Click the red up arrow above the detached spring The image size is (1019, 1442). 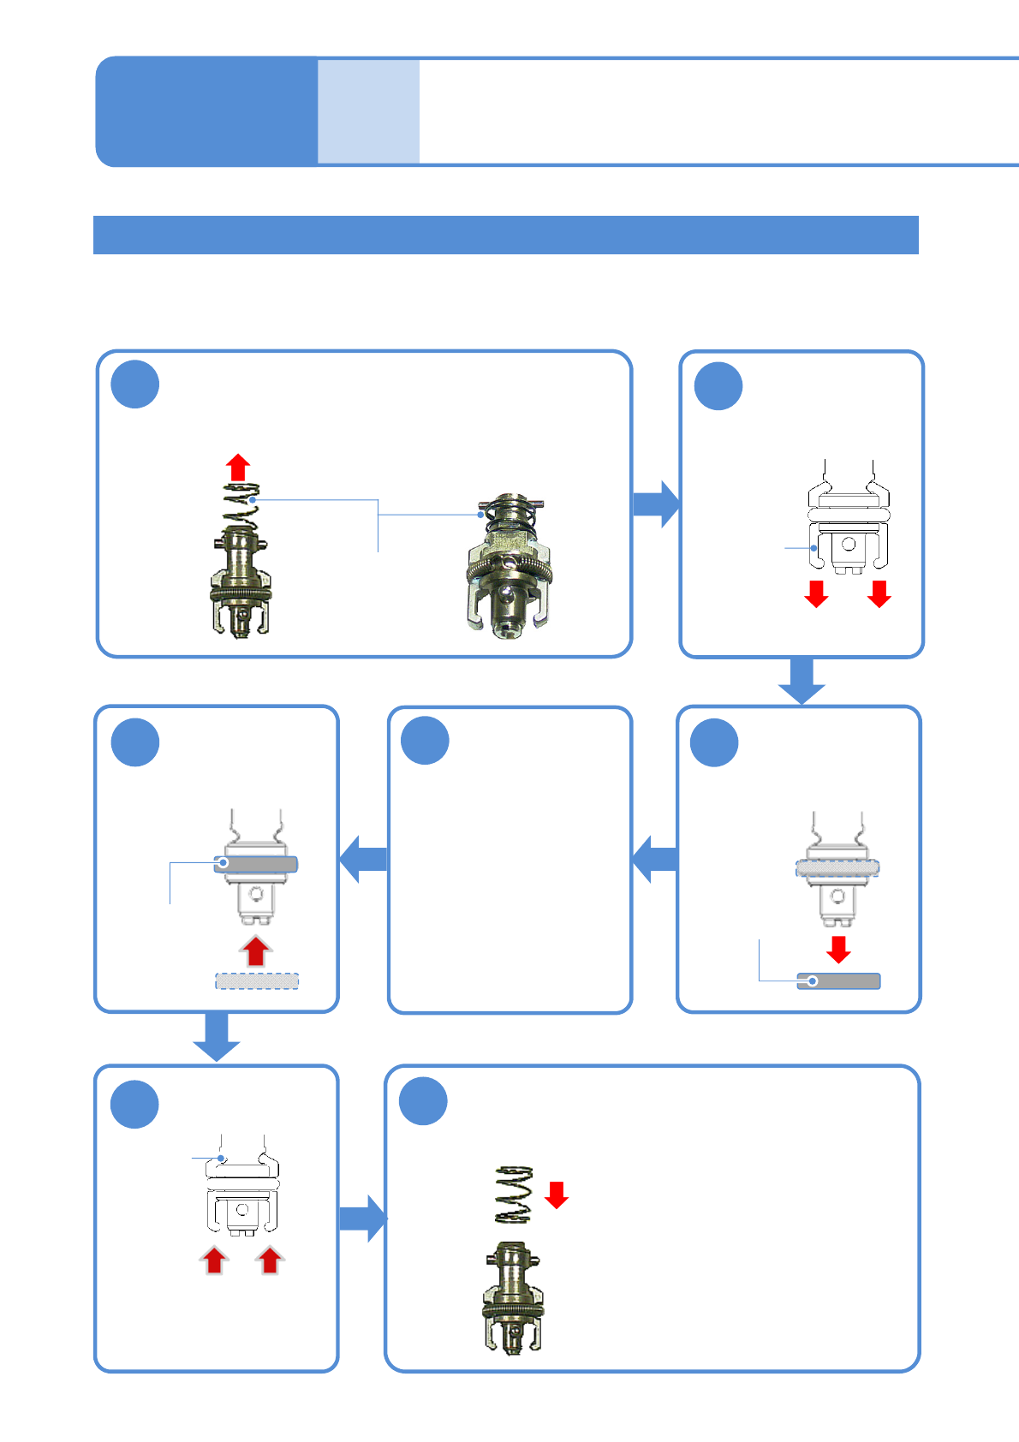click(x=238, y=468)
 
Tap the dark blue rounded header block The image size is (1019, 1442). click(x=206, y=111)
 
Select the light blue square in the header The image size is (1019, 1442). click(x=368, y=111)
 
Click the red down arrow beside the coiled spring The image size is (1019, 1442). click(x=557, y=1194)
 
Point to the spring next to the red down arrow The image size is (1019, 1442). click(x=514, y=1194)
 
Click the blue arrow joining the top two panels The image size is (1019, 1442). click(x=656, y=504)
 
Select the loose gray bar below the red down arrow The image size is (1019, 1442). click(x=838, y=981)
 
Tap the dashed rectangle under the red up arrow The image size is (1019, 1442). click(x=257, y=981)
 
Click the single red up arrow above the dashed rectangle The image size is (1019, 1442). click(x=255, y=951)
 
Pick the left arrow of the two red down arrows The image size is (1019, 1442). click(x=816, y=593)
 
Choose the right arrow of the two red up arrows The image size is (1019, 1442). click(x=271, y=1260)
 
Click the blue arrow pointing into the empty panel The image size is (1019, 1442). click(x=654, y=859)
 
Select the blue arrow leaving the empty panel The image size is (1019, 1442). click(x=363, y=859)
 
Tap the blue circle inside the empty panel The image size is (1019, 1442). click(x=426, y=741)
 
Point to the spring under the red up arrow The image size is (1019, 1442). click(x=241, y=505)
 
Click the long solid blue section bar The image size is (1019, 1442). click(x=505, y=235)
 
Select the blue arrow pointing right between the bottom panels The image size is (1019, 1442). click(x=362, y=1218)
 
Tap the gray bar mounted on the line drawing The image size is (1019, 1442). click(x=256, y=865)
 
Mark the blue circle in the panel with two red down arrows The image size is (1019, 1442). click(x=718, y=386)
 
